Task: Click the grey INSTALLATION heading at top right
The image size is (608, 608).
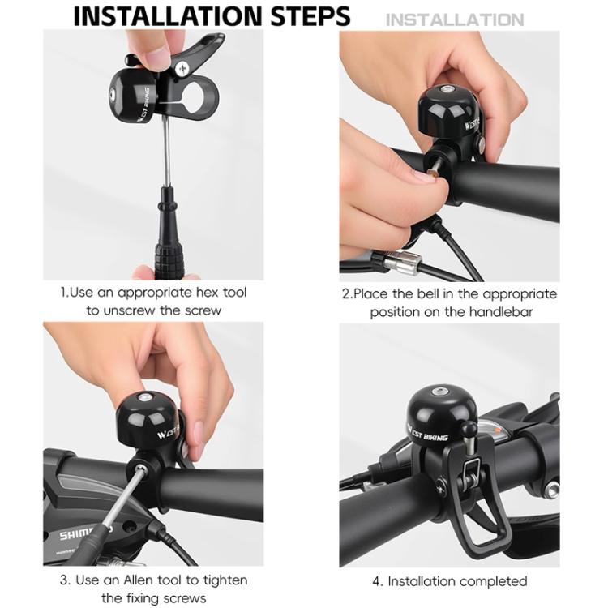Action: pos(454,19)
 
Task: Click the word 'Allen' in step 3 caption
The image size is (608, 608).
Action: pos(135,580)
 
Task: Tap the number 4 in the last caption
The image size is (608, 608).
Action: pos(376,581)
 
